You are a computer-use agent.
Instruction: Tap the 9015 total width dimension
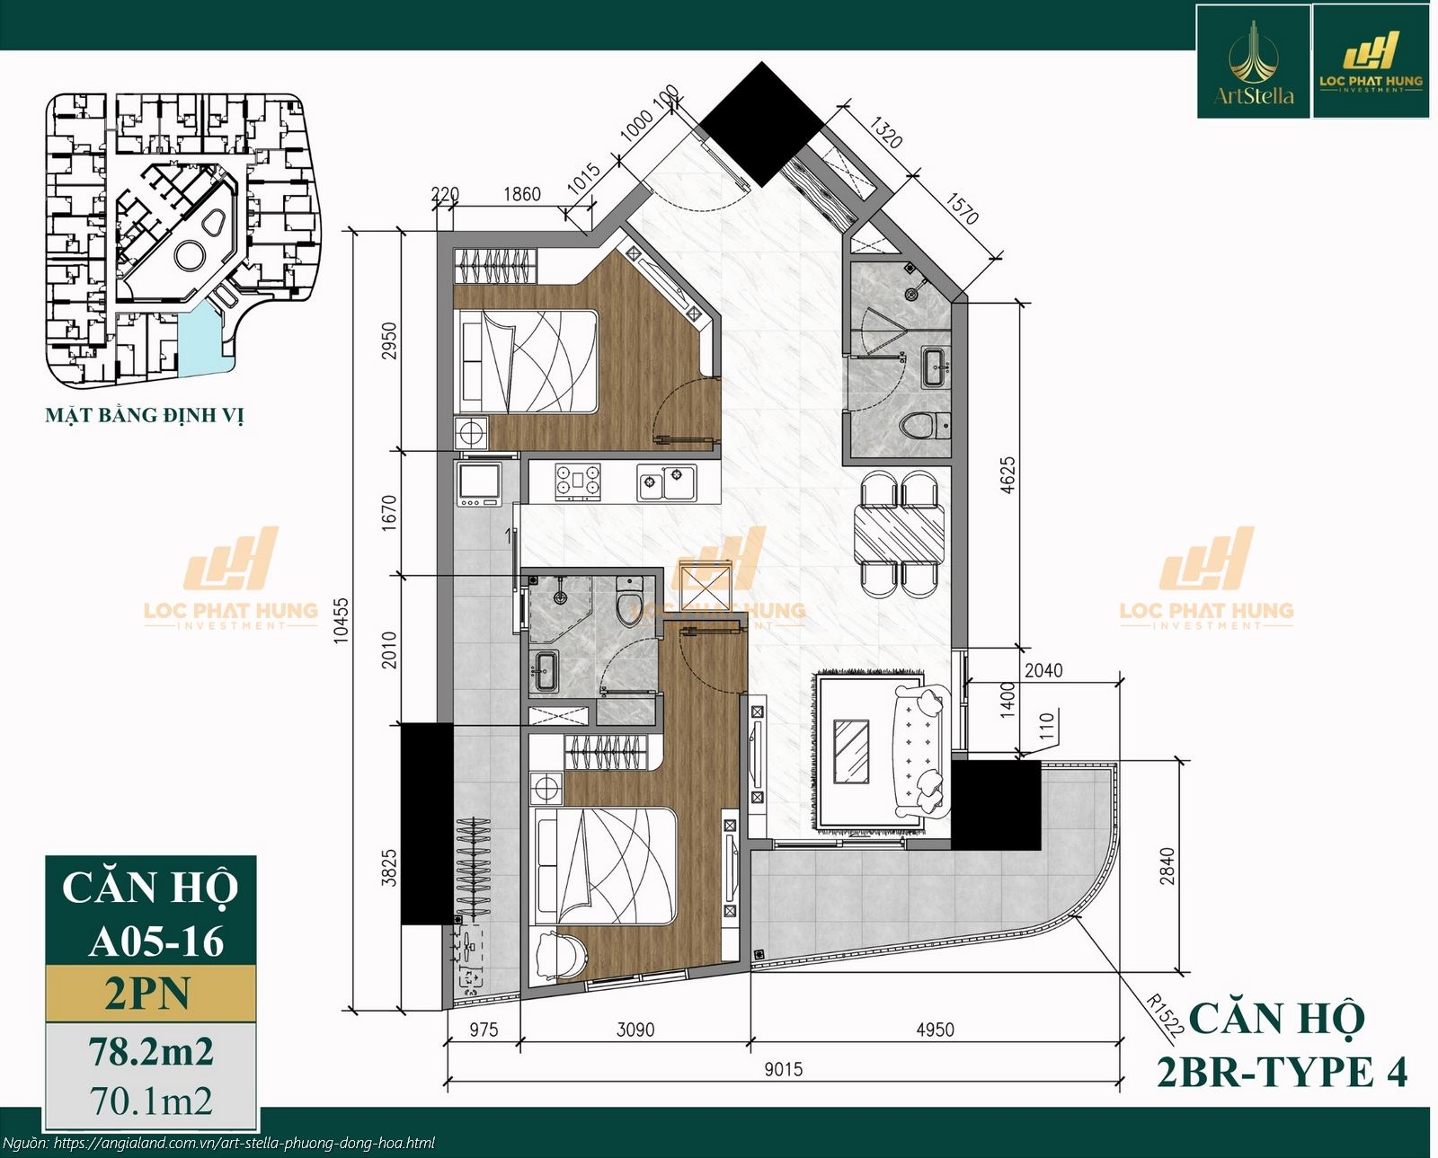tap(784, 1069)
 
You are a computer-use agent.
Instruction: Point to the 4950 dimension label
tap(935, 1030)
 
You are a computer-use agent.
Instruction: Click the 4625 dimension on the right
tap(1007, 475)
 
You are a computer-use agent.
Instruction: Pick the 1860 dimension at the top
tap(522, 194)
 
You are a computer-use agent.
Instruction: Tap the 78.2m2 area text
tap(150, 1051)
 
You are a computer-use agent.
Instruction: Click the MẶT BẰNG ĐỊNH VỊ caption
tap(145, 415)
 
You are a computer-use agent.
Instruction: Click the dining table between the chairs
tap(900, 534)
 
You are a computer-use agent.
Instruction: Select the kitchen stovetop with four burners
tap(578, 481)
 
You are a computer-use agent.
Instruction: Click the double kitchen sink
tap(666, 482)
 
